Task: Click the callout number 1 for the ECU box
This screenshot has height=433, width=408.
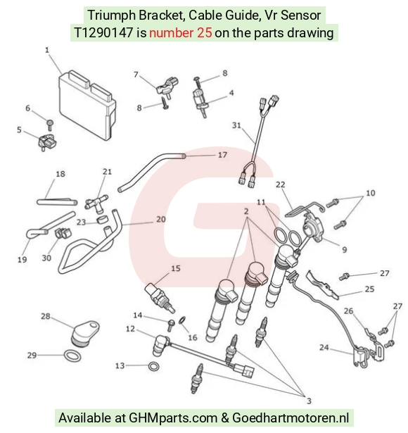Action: [47, 50]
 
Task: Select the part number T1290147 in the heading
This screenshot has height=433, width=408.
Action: [103, 33]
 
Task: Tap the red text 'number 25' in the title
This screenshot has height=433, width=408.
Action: [181, 33]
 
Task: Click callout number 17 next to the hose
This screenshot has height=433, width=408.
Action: [222, 155]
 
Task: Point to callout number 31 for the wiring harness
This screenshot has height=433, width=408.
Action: [236, 125]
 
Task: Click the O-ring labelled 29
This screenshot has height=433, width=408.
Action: [72, 356]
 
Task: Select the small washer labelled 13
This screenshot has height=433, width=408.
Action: [153, 366]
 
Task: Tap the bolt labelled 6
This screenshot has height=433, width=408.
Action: [50, 125]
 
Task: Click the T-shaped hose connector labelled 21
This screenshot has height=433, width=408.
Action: [96, 203]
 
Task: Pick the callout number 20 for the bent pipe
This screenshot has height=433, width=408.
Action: [161, 219]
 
